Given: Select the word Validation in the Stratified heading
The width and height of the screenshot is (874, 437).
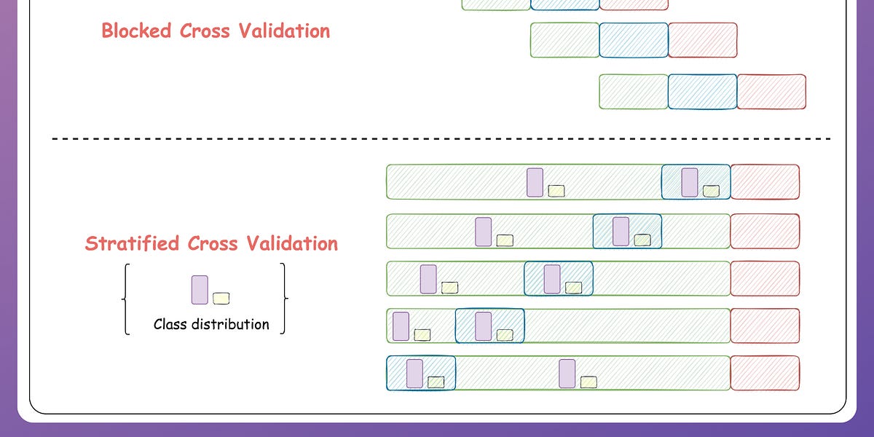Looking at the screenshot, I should coord(296,243).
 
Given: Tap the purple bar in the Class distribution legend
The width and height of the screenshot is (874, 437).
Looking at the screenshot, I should coord(200,289).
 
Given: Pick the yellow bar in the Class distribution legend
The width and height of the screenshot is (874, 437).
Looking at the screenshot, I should coord(221,298).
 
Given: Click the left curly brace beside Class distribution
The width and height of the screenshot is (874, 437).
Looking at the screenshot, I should coord(127,299).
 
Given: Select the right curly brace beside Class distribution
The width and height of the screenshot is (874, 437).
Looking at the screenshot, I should coord(283,299).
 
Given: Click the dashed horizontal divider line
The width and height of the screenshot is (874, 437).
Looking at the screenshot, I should coord(437,138).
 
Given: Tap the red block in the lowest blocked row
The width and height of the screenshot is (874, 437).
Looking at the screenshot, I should coord(771,92).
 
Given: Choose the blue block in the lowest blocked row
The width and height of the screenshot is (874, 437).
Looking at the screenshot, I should coord(702,92).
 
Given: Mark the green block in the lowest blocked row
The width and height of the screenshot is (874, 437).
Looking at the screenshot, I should coord(634,92).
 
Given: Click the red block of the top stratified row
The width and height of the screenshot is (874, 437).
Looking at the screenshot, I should coord(765,182).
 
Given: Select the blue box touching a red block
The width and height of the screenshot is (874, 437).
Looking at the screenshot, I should coord(696,182).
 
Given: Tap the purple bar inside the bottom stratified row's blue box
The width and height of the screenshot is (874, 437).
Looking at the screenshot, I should coord(414,373).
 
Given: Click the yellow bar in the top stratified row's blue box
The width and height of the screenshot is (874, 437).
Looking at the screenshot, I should coord(711,191).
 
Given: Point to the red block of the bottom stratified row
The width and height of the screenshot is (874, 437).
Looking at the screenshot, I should coord(765,373).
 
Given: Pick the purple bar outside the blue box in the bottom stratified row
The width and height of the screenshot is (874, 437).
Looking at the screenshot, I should coord(567,373).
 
